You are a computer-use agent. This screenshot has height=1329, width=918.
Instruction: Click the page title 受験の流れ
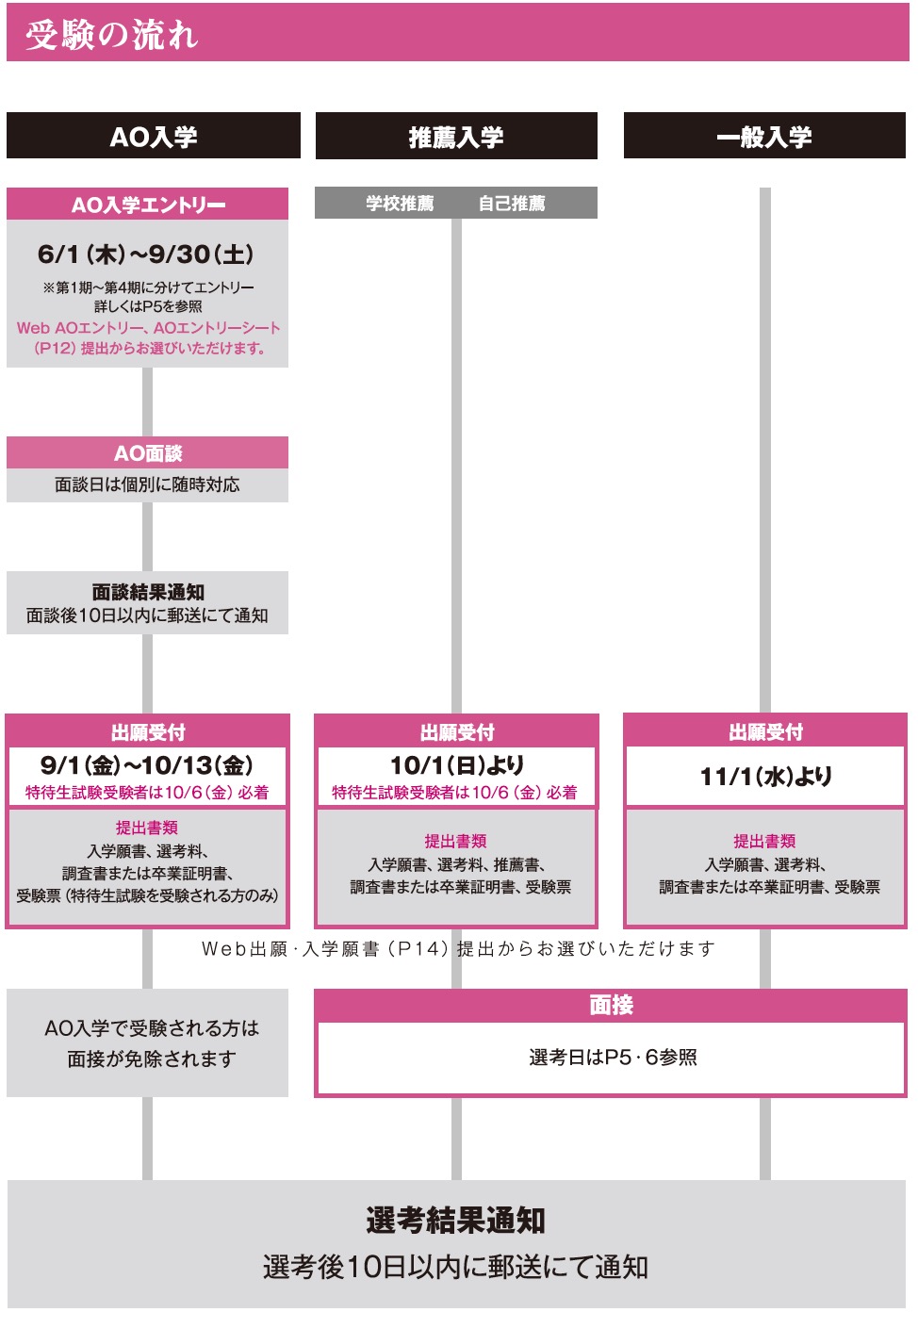111,35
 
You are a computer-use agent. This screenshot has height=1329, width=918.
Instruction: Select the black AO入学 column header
153,136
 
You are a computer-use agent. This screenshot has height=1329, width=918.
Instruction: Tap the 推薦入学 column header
456,137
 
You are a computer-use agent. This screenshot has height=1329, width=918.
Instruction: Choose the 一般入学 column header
764,136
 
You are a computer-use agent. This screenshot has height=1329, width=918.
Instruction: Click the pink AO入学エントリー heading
148,205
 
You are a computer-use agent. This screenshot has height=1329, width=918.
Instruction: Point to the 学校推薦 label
400,204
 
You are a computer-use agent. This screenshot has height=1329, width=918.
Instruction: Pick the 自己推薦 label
512,204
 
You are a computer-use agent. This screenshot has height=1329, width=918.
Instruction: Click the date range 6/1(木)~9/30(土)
146,254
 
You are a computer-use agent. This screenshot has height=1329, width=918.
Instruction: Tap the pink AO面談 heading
148,453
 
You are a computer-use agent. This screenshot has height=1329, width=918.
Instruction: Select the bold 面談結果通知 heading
148,592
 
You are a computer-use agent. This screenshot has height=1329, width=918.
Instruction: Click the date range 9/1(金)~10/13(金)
147,764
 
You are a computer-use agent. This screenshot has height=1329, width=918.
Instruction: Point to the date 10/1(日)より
457,764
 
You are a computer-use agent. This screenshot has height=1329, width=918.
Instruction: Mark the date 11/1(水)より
765,776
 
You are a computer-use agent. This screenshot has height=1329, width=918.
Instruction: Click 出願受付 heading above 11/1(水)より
765,732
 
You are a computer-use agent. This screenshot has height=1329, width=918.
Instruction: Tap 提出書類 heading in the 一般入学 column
764,841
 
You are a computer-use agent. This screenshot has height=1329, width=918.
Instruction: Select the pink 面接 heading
611,1005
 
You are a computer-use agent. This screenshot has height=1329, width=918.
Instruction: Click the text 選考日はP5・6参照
613,1058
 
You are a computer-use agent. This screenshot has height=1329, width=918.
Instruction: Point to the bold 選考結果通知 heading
456,1221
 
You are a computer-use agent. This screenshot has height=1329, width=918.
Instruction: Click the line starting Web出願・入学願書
458,949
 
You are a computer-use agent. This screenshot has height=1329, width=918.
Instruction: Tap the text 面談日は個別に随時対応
147,484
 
